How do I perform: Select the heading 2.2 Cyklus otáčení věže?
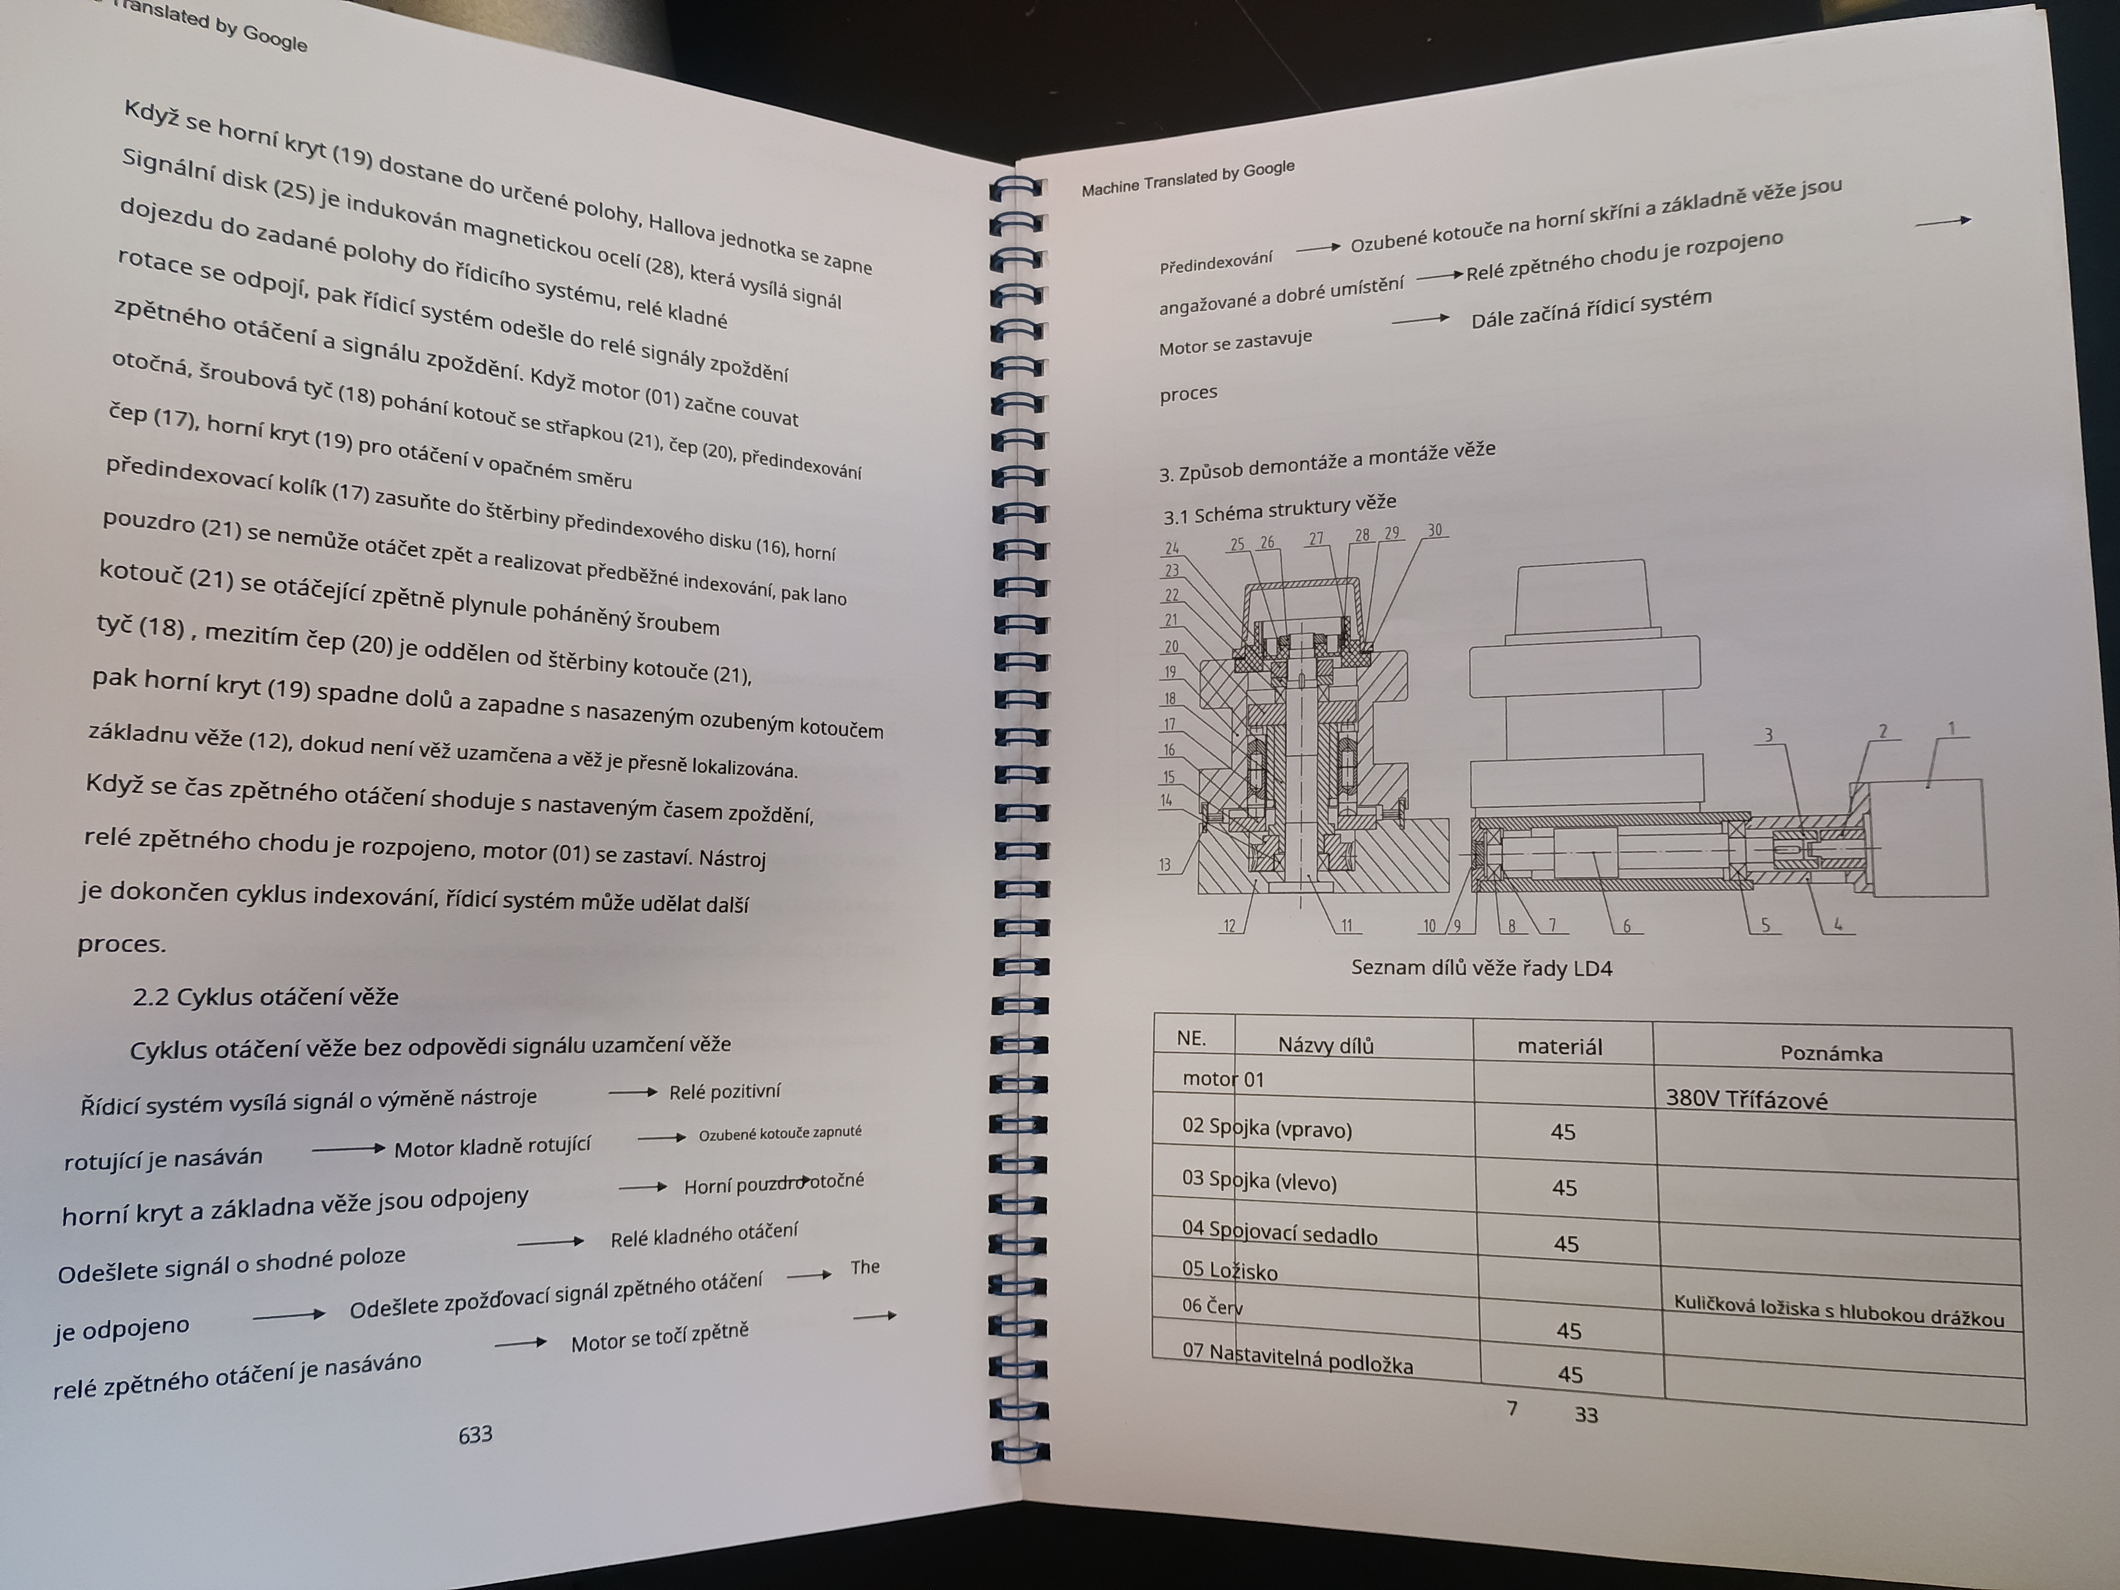[266, 997]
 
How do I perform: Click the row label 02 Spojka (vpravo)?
[1267, 1128]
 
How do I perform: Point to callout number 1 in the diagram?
[1951, 728]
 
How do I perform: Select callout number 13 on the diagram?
[1165, 864]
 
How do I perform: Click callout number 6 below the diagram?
[1626, 926]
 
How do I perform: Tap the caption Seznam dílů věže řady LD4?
[1482, 968]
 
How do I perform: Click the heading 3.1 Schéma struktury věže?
[1279, 509]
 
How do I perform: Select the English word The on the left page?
[864, 1267]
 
